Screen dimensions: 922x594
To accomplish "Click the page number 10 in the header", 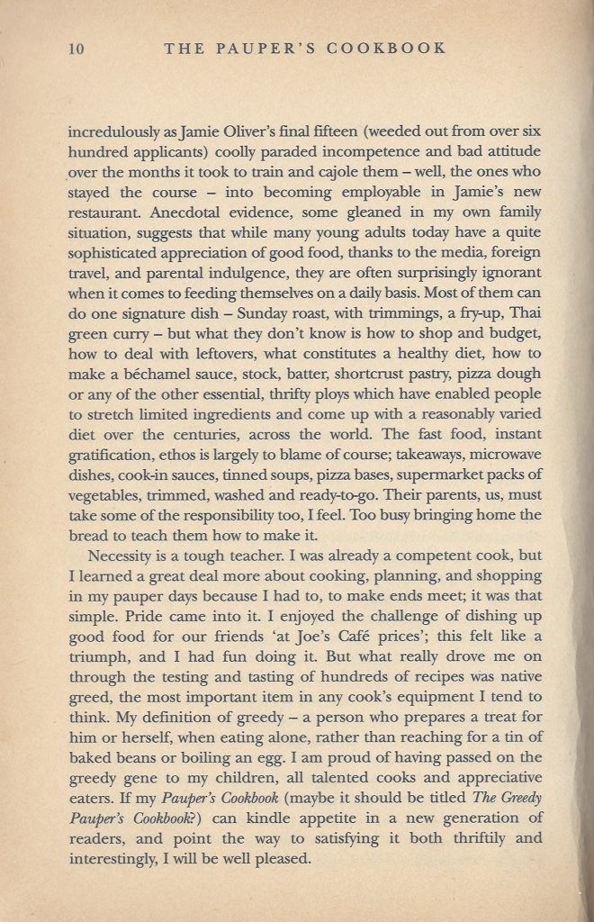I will [76, 49].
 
